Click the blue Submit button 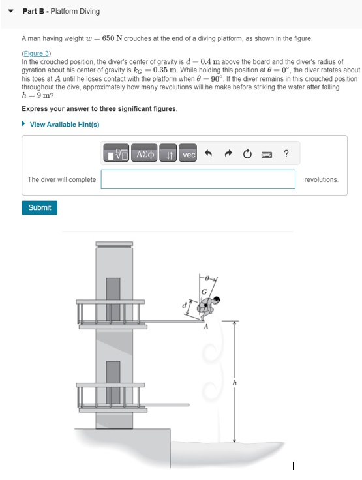[x=40, y=207]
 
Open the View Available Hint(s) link [x=64, y=125]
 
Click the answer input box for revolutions [x=198, y=179]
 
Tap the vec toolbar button [x=189, y=155]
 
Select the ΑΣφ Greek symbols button [x=145, y=155]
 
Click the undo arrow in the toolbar [x=209, y=155]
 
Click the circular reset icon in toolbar [x=247, y=155]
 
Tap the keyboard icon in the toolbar [x=267, y=155]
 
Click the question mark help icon [x=286, y=155]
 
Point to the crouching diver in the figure [x=209, y=307]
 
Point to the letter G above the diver [x=204, y=290]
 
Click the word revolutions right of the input [x=321, y=179]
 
